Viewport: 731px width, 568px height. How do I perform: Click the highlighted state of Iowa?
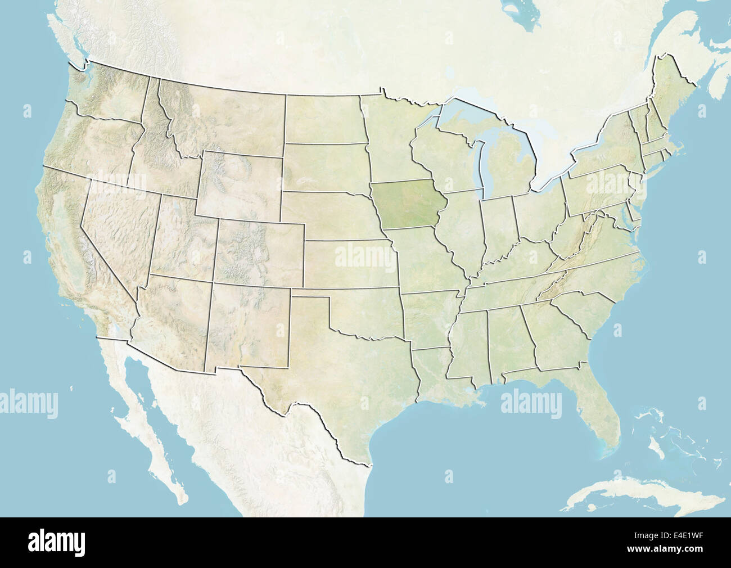(x=409, y=205)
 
